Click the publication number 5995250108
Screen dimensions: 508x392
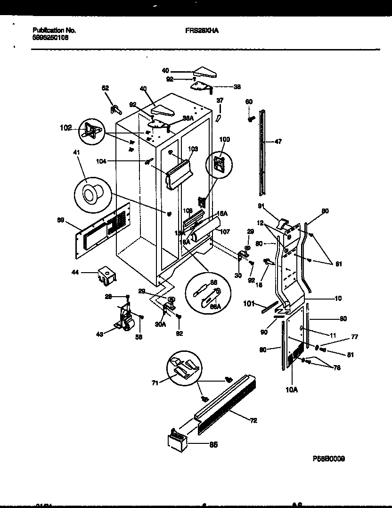pos(51,38)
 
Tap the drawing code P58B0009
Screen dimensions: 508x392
pos(328,458)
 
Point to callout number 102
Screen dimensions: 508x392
pos(65,127)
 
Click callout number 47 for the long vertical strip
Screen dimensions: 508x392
pos(278,141)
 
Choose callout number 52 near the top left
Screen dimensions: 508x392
pos(105,88)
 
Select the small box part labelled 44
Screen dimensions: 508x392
pos(107,275)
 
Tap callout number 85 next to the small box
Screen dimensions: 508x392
pos(213,444)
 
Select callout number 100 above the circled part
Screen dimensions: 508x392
pos(225,139)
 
